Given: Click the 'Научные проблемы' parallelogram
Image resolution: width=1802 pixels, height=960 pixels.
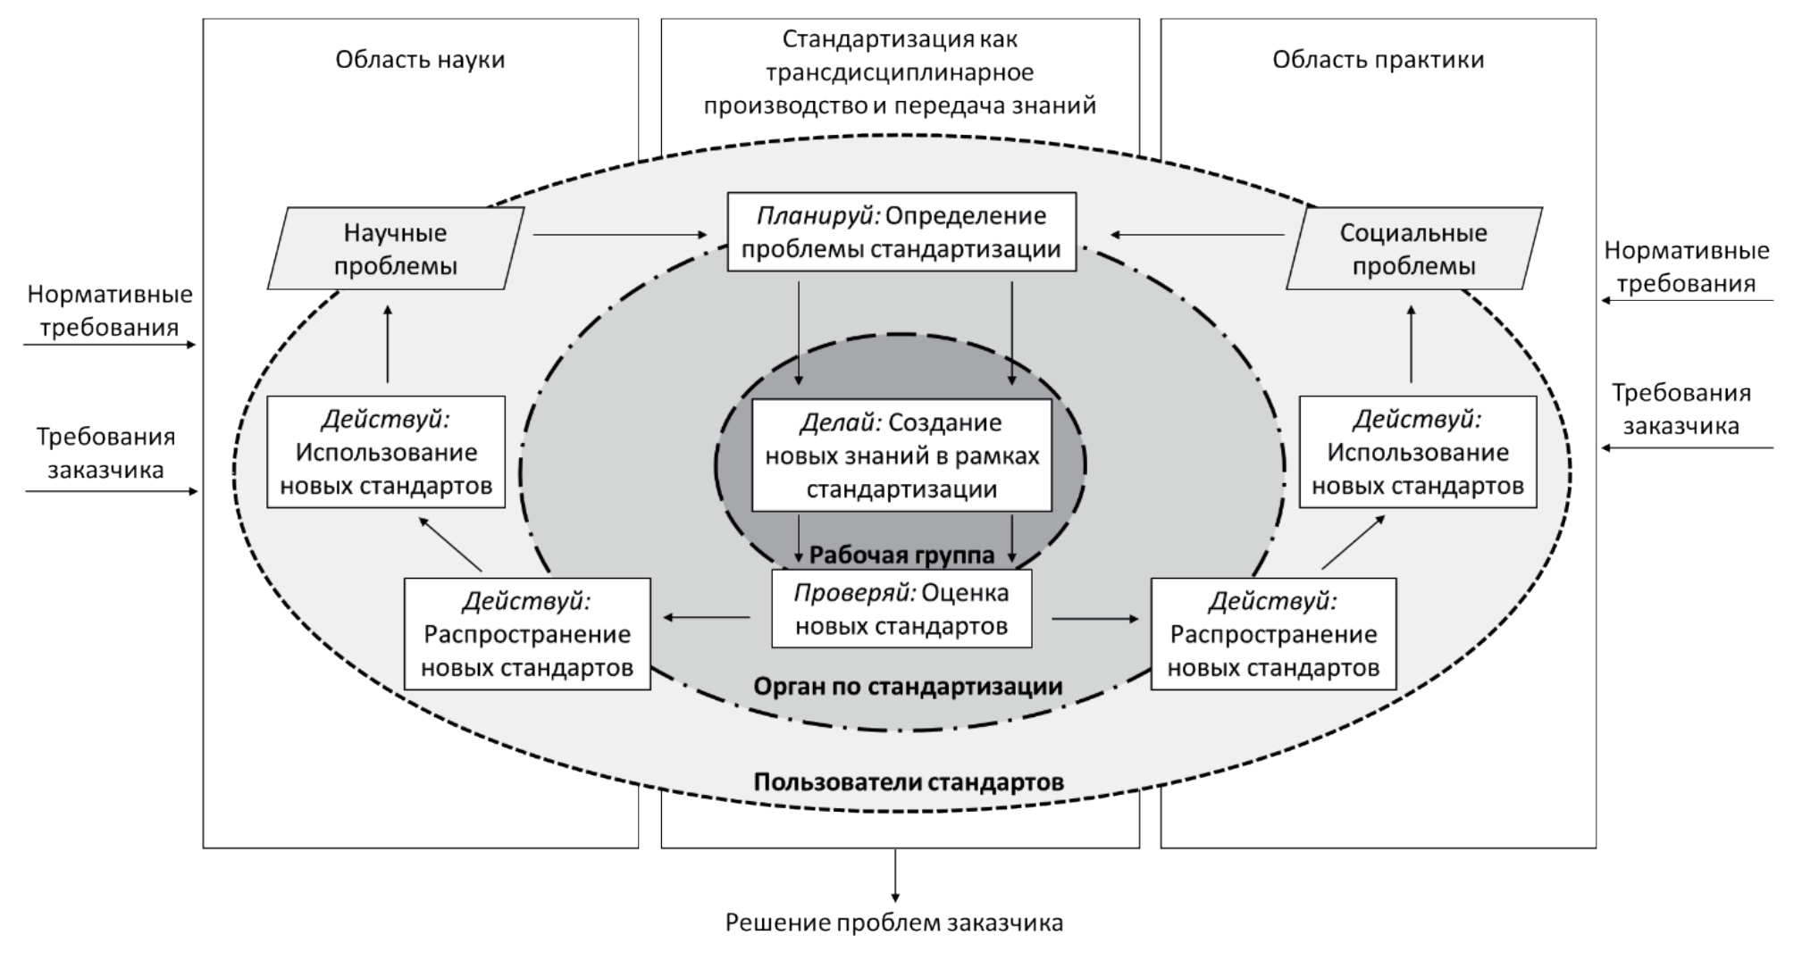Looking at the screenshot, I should tap(395, 248).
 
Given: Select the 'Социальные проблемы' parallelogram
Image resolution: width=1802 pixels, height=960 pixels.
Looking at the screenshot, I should tap(1413, 248).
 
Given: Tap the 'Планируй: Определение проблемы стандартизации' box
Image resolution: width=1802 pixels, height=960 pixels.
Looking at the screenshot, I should tap(901, 231).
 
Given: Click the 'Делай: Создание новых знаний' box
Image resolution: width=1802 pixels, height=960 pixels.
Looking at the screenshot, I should tap(901, 455).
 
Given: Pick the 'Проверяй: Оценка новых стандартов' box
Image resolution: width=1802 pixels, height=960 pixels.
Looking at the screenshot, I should tap(901, 609).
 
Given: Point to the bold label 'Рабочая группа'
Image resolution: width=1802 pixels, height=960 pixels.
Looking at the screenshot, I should tap(901, 555).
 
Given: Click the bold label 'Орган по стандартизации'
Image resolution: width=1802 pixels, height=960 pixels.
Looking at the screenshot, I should tap(908, 686).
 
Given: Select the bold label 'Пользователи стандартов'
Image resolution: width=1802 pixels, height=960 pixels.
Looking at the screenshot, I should tap(909, 782).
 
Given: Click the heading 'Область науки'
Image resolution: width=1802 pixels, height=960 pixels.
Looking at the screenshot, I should tap(420, 60).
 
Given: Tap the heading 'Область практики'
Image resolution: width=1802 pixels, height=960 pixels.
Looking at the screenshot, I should tap(1378, 60).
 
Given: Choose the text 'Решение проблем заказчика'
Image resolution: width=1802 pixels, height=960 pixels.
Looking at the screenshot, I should tap(894, 922).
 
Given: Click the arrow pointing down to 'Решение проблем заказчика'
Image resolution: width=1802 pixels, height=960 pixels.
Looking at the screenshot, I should tap(895, 875).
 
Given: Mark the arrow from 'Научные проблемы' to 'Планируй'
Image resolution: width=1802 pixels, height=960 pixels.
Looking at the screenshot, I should tap(619, 235).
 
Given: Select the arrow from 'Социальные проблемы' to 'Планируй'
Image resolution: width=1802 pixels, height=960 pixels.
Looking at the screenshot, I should tap(1197, 235).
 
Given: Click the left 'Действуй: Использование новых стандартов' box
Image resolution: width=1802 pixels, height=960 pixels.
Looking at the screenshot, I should tap(386, 452).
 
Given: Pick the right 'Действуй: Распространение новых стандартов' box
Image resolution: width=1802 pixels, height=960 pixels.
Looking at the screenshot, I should tap(1273, 634).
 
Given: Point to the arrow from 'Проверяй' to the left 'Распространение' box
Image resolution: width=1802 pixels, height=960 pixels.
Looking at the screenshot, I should tap(706, 616).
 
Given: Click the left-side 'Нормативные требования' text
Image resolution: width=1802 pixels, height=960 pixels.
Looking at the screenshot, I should tap(109, 310).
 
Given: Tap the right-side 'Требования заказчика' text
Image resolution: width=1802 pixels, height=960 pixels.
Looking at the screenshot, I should tap(1680, 409).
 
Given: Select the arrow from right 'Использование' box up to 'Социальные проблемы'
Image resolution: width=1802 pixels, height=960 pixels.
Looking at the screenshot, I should tap(1412, 344).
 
